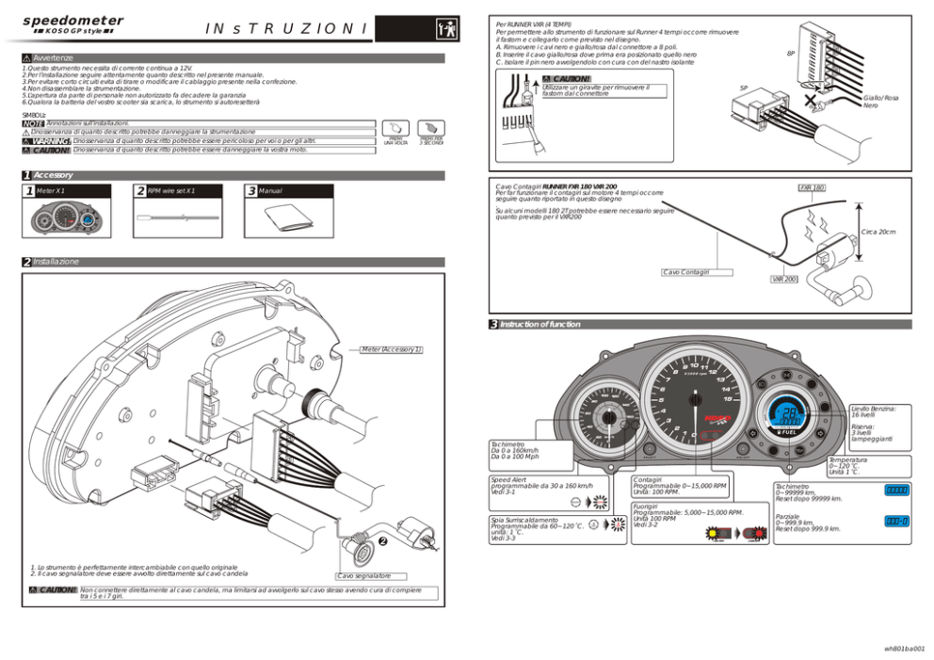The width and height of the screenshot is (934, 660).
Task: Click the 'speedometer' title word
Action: pyautogui.click(x=72, y=20)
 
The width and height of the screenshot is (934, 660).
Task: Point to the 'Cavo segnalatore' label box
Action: pyautogui.click(x=363, y=575)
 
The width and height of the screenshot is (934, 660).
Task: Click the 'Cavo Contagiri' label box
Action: pyautogui.click(x=698, y=272)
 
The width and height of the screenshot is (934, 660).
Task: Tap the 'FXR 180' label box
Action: pyautogui.click(x=812, y=188)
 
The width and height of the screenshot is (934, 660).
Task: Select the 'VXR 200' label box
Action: pyautogui.click(x=784, y=280)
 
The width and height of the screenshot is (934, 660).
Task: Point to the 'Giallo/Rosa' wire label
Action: pyautogui.click(x=880, y=98)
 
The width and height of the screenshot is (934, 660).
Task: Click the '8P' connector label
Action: pyautogui.click(x=791, y=54)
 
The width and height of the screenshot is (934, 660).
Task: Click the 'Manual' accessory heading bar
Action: pyautogui.click(x=289, y=191)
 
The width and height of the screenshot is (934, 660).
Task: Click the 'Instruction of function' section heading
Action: pyautogui.click(x=539, y=324)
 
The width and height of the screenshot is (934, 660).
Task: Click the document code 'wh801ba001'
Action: pyautogui.click(x=903, y=648)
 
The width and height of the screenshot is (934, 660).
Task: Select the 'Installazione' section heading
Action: pyautogui.click(x=56, y=262)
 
